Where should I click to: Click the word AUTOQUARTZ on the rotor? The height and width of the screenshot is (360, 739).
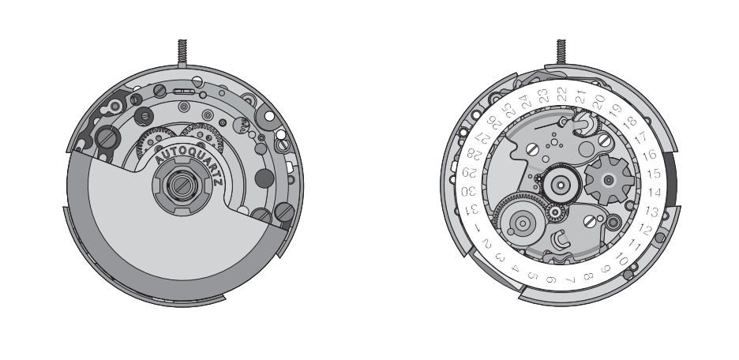(x=188, y=159)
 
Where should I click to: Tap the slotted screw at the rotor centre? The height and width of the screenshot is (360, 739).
(x=179, y=186)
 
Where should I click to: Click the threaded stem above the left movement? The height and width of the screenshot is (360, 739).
(x=182, y=52)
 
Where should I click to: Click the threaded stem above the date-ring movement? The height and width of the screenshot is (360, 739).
(x=561, y=52)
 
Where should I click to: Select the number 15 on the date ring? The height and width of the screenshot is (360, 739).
(x=653, y=174)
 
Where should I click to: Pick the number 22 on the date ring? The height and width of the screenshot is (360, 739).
(x=562, y=94)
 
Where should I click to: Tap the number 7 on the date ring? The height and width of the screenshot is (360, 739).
(x=570, y=280)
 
